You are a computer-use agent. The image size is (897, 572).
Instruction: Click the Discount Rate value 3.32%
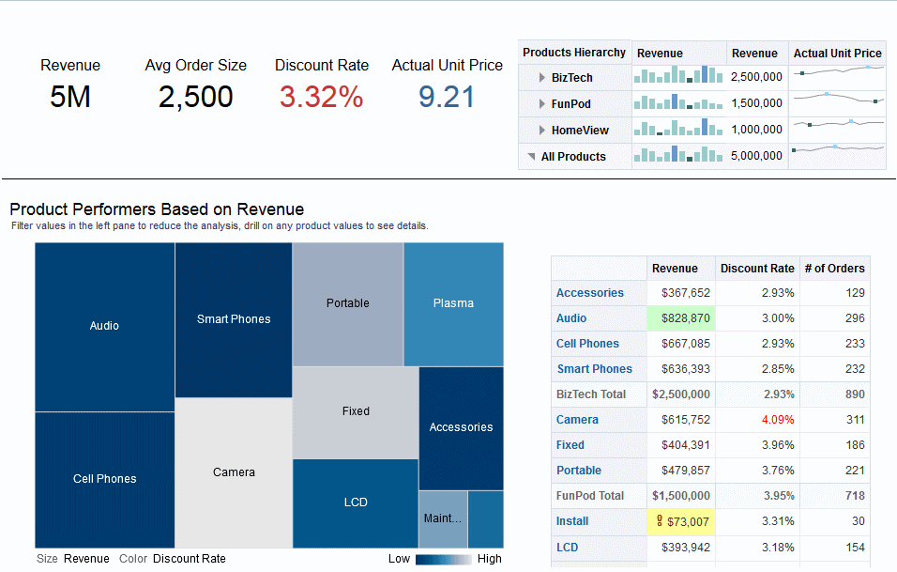pyautogui.click(x=321, y=97)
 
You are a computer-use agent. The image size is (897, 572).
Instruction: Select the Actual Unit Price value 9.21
pyautogui.click(x=446, y=97)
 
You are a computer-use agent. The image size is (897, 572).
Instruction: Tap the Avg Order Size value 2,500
pyautogui.click(x=195, y=97)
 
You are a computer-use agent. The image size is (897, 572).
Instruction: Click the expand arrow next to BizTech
pyautogui.click(x=542, y=78)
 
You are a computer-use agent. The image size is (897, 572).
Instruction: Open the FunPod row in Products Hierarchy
pyautogui.click(x=570, y=103)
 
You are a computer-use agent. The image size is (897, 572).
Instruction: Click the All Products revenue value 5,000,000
pyautogui.click(x=755, y=156)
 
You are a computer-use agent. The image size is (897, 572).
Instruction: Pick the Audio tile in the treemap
pyautogui.click(x=104, y=326)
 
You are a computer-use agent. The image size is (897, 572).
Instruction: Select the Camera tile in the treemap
pyautogui.click(x=234, y=472)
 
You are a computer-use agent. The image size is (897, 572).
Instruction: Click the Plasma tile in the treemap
pyautogui.click(x=453, y=303)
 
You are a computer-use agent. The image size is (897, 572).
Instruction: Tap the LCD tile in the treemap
pyautogui.click(x=356, y=502)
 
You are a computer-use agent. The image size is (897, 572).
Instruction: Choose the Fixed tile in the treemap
pyautogui.click(x=356, y=411)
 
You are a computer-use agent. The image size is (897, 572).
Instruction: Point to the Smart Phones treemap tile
pyautogui.click(x=234, y=319)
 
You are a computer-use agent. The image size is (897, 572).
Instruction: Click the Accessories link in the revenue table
pyautogui.click(x=589, y=293)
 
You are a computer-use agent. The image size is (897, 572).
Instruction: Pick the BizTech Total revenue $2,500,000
pyautogui.click(x=681, y=394)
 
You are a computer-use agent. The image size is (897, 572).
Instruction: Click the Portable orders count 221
pyautogui.click(x=853, y=471)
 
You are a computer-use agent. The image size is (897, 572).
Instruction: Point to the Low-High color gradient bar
pyautogui.click(x=444, y=559)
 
